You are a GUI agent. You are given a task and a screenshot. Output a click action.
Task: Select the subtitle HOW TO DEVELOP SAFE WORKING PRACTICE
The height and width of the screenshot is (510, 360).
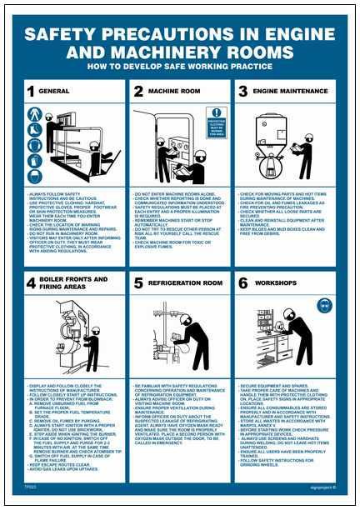tap(179, 72)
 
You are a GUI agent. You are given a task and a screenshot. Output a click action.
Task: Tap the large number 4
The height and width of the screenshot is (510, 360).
tap(30, 283)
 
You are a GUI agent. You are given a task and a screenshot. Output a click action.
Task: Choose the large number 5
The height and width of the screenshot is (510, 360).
tap(138, 283)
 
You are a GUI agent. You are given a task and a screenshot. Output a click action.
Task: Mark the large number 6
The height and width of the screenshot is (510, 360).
tap(243, 283)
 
